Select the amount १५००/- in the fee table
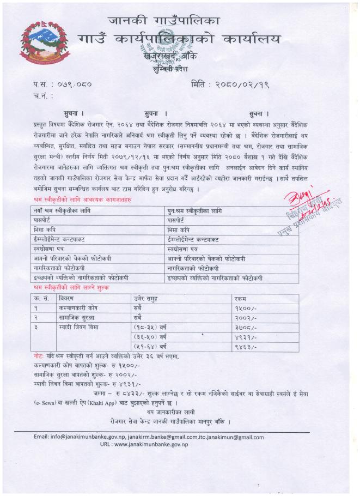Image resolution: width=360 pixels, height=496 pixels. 243,308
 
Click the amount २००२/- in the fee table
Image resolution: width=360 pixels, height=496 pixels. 243,317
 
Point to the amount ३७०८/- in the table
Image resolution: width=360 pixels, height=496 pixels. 243,327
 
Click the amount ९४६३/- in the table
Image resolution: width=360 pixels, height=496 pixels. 243,346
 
